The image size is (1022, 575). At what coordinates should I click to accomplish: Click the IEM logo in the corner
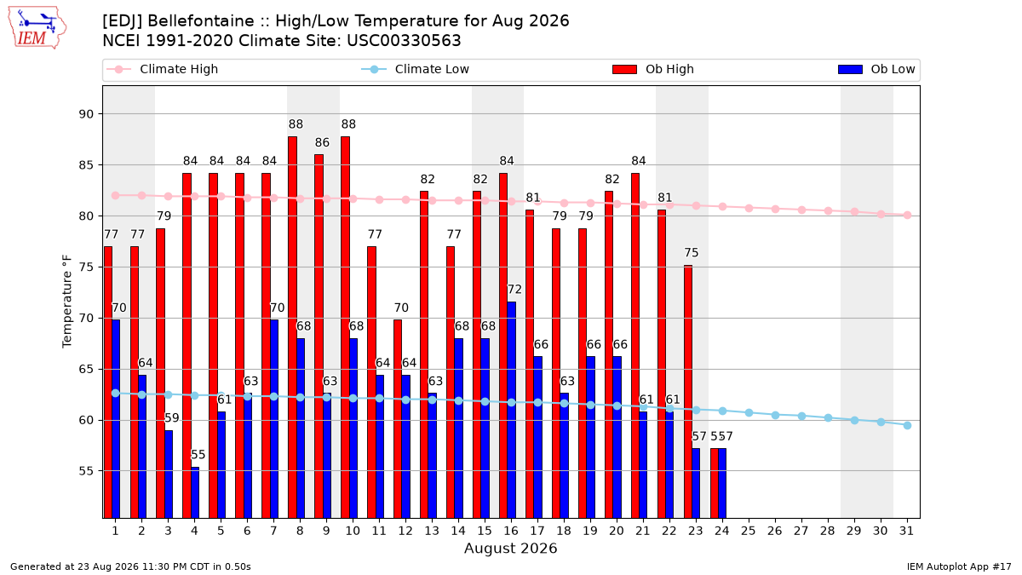37,28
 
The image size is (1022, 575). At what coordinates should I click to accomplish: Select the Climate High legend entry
163,69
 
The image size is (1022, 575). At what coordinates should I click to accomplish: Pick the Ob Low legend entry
876,69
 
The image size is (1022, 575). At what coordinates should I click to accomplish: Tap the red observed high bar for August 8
292,327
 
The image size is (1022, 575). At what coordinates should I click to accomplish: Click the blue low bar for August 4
195,492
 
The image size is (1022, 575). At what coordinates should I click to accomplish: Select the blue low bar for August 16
512,410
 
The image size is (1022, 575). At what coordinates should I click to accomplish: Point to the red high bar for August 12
398,419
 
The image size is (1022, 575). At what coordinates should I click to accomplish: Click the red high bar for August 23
688,392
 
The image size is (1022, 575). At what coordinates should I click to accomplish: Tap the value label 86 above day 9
322,143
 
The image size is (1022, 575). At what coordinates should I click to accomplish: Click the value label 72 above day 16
514,290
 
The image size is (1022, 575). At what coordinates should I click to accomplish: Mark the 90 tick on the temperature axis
86,114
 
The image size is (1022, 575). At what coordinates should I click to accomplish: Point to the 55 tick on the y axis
86,471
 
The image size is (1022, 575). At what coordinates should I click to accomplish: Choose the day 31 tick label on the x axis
906,532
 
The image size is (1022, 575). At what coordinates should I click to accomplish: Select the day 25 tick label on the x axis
749,532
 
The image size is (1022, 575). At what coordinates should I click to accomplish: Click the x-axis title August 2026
510,548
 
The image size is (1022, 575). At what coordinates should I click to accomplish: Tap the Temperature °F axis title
67,302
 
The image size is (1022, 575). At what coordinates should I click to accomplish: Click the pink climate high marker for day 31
907,215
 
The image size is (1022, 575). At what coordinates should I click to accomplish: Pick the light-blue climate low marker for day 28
828,418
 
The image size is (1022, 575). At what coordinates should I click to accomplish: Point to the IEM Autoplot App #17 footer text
959,566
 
